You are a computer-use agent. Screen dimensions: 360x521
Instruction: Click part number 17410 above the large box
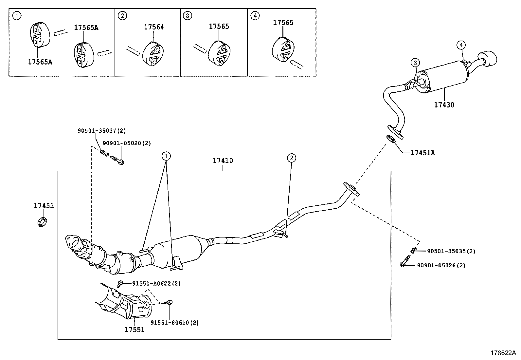(x=223, y=161)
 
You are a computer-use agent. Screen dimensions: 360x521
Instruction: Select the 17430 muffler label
(x=444, y=105)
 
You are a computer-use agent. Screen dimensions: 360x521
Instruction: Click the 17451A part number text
(x=422, y=153)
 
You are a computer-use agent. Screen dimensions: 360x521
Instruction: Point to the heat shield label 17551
(x=134, y=330)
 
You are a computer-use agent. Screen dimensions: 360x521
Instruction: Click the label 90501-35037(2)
(x=101, y=130)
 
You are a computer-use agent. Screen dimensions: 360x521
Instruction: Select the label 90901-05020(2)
(x=127, y=143)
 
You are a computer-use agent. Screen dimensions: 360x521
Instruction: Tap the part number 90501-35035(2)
(x=451, y=251)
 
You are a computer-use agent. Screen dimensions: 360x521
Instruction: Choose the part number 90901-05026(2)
(x=441, y=265)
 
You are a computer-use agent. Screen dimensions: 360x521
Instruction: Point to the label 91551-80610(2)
(x=174, y=322)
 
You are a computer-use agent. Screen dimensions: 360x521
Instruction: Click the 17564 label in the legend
(x=154, y=27)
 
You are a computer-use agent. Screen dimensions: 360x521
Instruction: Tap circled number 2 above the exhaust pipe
(x=291, y=158)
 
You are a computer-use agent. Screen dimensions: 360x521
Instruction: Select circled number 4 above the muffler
(x=461, y=45)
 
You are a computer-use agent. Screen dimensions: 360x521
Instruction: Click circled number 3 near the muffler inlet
(x=415, y=62)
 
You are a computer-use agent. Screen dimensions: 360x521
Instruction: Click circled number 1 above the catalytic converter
(x=166, y=156)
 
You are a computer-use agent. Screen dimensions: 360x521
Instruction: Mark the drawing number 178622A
(x=503, y=353)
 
